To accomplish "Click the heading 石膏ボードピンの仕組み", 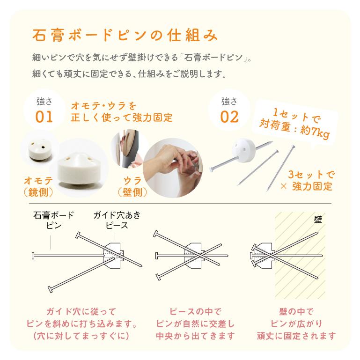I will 124,36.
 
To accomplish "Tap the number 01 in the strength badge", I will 45,116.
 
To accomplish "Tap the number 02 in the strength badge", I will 229,116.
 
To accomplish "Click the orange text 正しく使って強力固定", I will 121,117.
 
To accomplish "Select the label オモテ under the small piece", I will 38,181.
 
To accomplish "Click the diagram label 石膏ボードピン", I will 53,220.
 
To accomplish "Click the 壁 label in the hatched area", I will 318,219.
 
